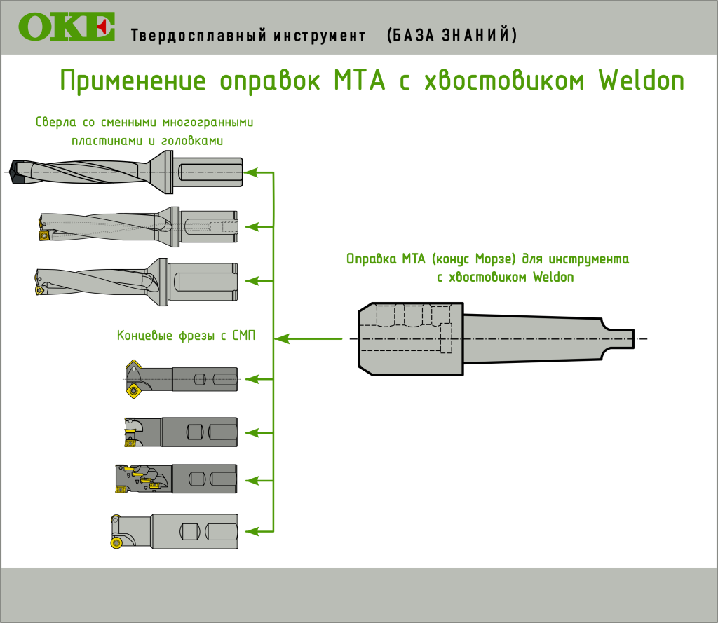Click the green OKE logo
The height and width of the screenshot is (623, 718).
point(67,27)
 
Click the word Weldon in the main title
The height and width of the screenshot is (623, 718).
point(642,81)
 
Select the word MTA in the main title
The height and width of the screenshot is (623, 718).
point(360,81)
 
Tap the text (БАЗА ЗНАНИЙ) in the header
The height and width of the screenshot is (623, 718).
point(452,35)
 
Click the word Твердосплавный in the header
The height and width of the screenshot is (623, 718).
point(198,36)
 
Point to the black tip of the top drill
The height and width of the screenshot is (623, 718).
point(18,172)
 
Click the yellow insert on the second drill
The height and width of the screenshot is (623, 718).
point(44,235)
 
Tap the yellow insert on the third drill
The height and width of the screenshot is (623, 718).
point(40,289)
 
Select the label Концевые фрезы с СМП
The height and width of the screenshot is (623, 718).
point(186,336)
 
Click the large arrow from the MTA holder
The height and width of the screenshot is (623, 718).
point(309,338)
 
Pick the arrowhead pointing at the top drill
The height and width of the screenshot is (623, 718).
point(252,172)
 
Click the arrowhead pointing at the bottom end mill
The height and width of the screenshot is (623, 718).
point(252,531)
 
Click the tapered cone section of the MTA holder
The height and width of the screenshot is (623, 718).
point(532,338)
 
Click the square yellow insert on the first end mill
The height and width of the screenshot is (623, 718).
point(133,391)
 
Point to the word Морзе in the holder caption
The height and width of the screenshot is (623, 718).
point(496,259)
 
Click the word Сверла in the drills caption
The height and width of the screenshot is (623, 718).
point(56,122)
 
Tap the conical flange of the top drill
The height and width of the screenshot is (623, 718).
point(161,172)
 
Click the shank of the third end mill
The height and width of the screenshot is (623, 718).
point(205,479)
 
